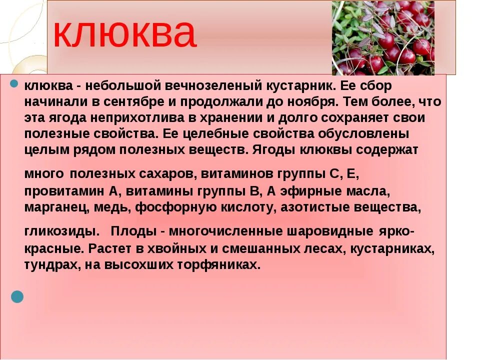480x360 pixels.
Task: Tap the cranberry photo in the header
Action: click(383, 38)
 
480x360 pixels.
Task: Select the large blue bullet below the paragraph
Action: click(17, 296)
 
